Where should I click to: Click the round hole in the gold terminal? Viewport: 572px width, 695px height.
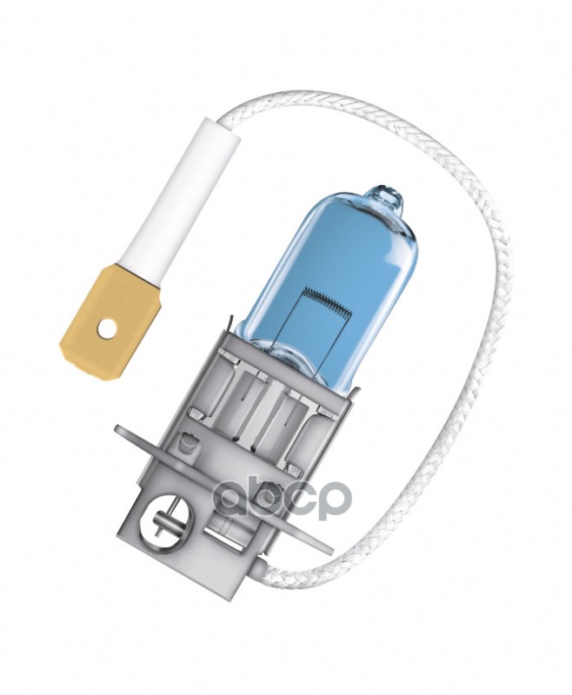(104, 328)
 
